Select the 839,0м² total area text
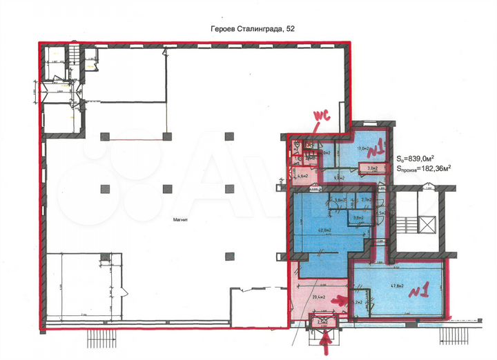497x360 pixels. pos(423,157)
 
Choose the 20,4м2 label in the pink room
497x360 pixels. pos(320,297)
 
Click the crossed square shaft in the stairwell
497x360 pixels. pos(427,226)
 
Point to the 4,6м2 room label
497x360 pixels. pos(302,175)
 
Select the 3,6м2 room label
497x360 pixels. pos(358,218)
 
